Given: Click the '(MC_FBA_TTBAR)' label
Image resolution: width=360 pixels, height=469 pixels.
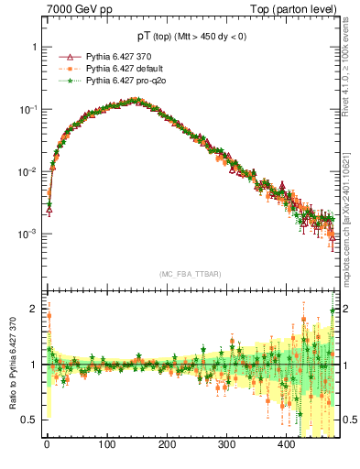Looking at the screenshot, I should tap(193, 274).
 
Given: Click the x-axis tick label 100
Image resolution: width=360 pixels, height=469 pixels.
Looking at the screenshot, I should tap(106, 445).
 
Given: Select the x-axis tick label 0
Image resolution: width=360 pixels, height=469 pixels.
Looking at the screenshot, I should tap(47, 445).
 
